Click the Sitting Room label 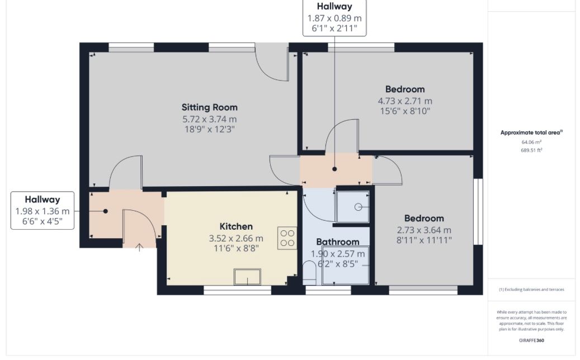click(209, 107)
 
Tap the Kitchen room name click(235, 226)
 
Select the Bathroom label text click(337, 242)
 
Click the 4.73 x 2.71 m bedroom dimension click(405, 101)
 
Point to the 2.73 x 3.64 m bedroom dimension click(424, 230)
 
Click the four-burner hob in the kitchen click(287, 238)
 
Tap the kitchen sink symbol click(247, 276)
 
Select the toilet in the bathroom click(309, 273)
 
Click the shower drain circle click(358, 206)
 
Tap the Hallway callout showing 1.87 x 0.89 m click(334, 18)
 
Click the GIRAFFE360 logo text click(532, 340)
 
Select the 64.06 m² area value click(531, 142)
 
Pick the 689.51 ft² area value click(531, 150)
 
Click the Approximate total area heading click(531, 132)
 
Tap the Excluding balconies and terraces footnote click(531, 290)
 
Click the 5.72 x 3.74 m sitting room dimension click(209, 119)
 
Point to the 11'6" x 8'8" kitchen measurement click(235, 249)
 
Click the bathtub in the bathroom click(353, 265)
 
